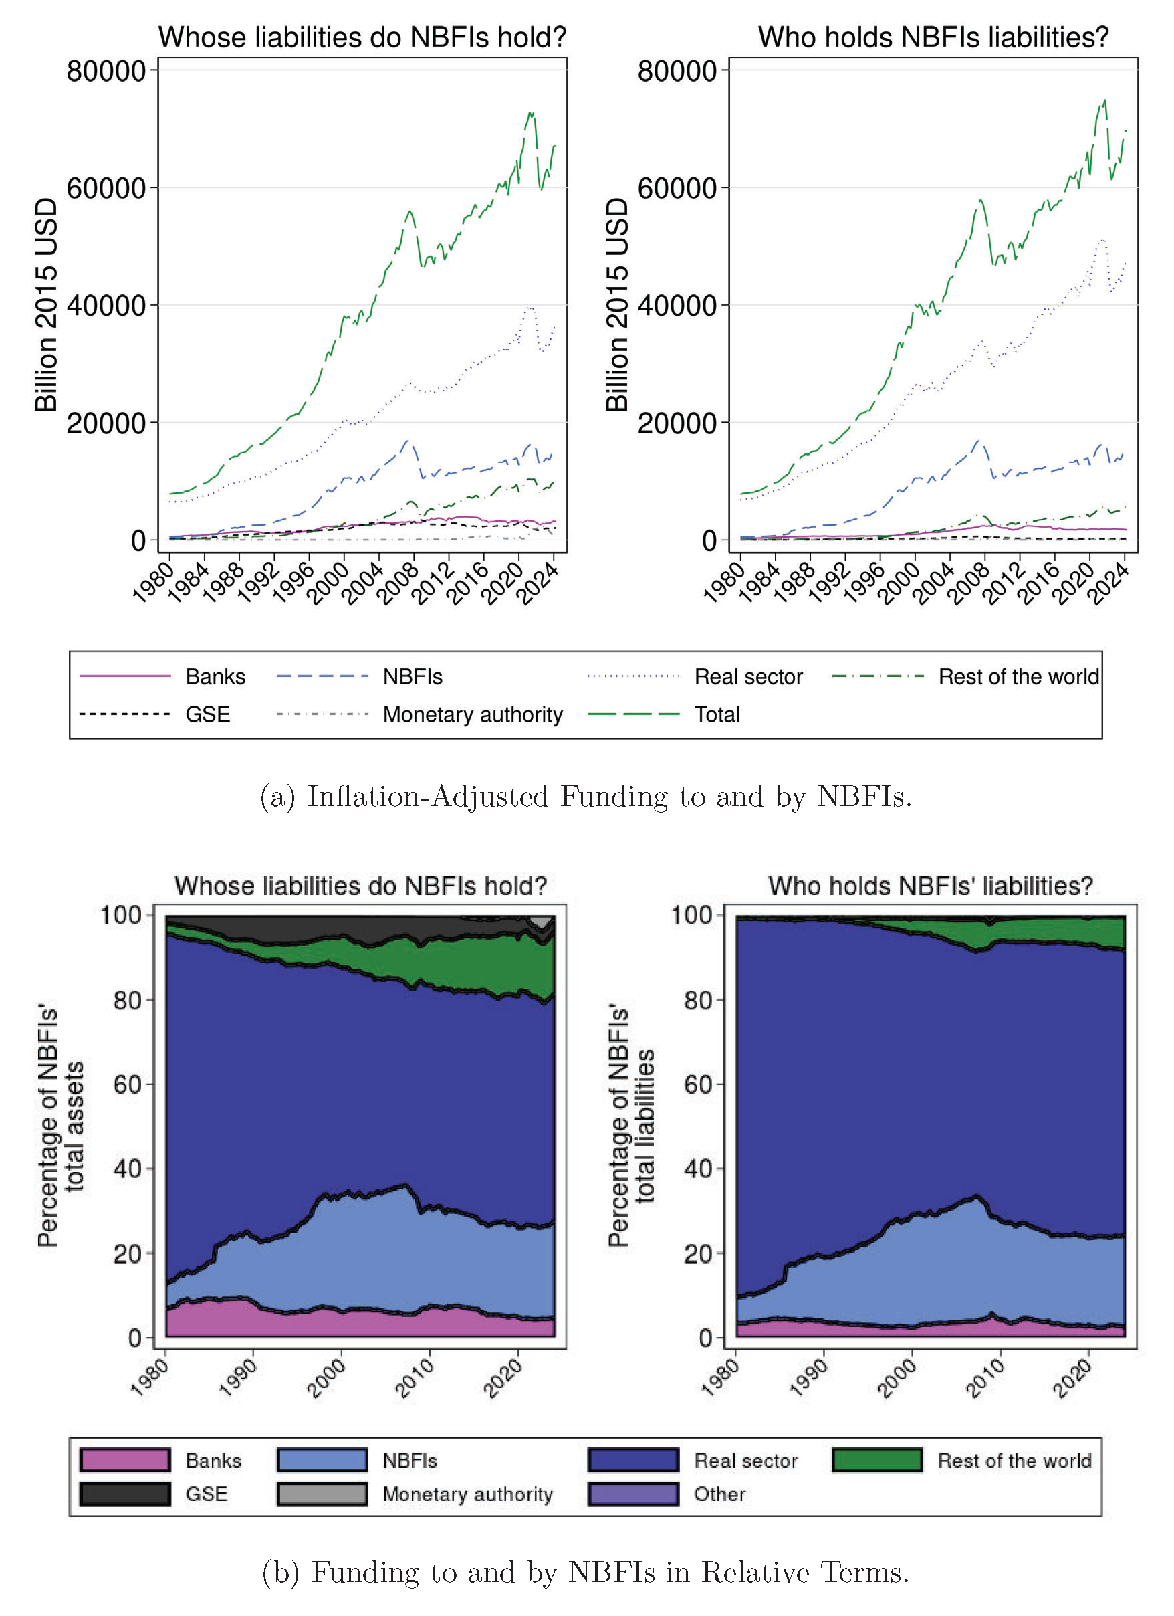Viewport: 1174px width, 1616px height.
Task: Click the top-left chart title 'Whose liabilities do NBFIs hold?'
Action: tap(362, 37)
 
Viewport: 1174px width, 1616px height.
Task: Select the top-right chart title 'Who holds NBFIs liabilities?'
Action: tap(933, 37)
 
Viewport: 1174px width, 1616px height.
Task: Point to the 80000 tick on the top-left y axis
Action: tap(106, 72)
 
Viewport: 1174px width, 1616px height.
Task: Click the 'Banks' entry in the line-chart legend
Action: tap(215, 676)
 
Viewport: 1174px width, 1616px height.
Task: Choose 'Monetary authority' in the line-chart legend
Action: tap(472, 714)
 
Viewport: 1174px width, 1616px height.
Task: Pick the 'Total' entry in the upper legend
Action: tap(717, 714)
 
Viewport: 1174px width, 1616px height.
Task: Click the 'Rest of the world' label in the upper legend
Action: tap(1018, 676)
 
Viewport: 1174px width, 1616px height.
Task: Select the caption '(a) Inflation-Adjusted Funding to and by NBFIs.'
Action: tap(586, 796)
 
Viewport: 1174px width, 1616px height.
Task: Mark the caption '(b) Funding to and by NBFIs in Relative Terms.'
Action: tap(586, 1571)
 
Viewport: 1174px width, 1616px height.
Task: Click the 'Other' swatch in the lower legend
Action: tap(632, 1494)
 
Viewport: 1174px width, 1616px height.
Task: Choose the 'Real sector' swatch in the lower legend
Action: tap(632, 1460)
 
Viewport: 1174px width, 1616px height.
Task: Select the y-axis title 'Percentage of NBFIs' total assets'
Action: tap(61, 1126)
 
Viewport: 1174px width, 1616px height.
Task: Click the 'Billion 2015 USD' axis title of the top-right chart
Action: tap(617, 305)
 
